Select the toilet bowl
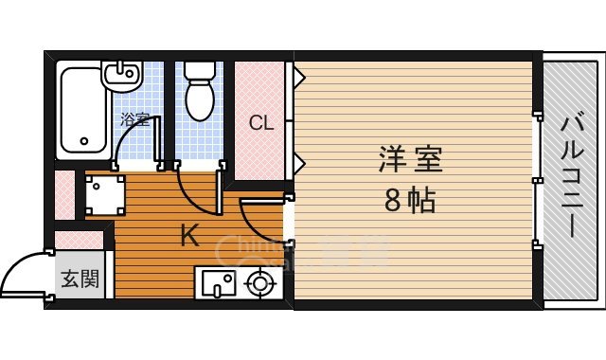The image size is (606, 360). pos(200,99)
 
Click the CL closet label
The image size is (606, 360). pos(261,122)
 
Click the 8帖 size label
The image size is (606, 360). pos(410,200)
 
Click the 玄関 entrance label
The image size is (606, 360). pos(80,279)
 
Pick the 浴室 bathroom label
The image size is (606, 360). pos(134,119)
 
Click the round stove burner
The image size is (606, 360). pos(259,281)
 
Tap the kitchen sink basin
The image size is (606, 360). pos(217,282)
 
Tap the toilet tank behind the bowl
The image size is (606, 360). pos(200,72)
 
